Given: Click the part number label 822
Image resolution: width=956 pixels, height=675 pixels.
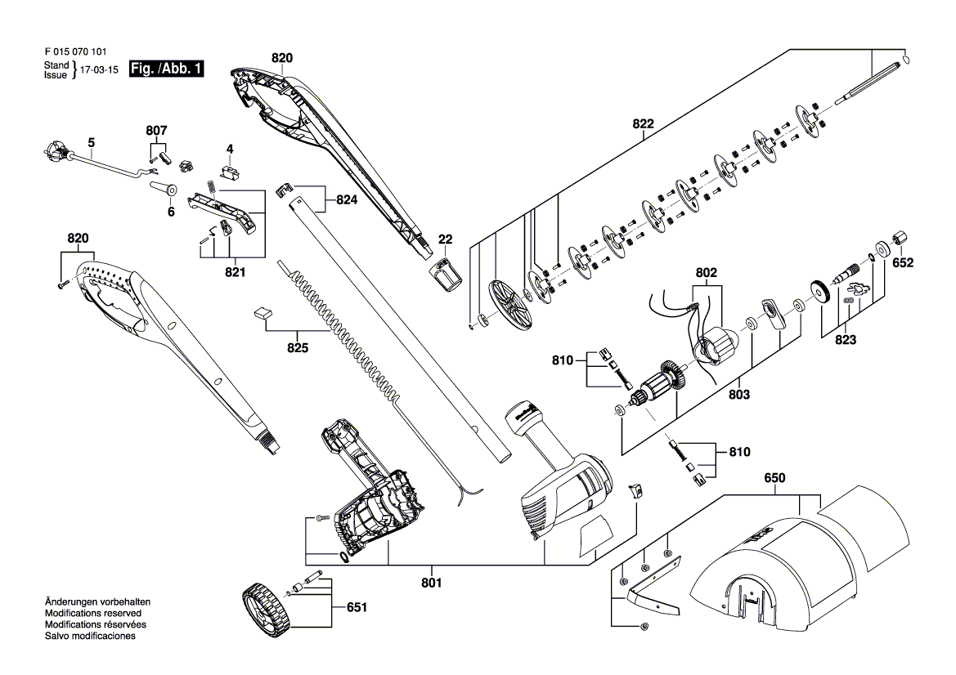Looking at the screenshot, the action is coord(643,124).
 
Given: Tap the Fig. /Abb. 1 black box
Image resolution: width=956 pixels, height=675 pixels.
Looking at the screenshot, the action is coord(167,69).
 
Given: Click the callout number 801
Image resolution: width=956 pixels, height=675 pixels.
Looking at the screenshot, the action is coord(431,583).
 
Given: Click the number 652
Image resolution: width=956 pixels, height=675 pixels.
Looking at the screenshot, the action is coord(903,262).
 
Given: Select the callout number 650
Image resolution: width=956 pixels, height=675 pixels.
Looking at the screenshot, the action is coord(775,478).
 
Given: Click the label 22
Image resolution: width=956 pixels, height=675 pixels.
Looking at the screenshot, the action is coord(445,239).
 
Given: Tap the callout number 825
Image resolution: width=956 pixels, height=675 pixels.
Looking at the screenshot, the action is coord(298,348).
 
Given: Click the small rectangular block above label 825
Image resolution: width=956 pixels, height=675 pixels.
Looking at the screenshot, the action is coord(263,312).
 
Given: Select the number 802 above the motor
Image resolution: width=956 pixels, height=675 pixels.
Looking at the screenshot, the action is coord(706,273).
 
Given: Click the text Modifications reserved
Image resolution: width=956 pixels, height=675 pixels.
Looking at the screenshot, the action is coord(92,614).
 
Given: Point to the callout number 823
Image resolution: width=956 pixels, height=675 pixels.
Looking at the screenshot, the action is coord(846,340).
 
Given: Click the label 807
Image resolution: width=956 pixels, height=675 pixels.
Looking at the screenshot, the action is coord(156,131).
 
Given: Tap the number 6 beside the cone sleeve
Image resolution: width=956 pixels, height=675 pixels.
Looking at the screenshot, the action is coord(171,212).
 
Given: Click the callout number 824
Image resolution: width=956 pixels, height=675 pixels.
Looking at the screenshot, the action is coord(346,200).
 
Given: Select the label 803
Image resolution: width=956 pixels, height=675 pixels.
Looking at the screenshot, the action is coord(739,395).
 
